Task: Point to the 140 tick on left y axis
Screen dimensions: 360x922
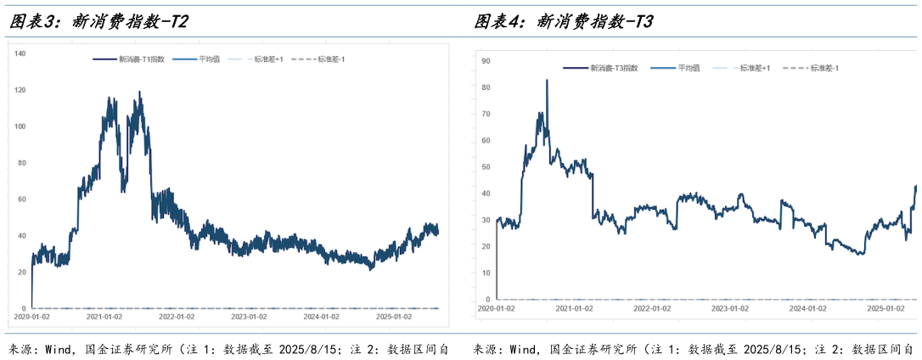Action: [21, 53]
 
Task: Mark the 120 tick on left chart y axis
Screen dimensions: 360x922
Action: [21, 90]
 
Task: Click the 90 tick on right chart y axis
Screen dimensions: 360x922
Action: [486, 61]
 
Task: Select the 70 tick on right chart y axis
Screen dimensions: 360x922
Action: [486, 114]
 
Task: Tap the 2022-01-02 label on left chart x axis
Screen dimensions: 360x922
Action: [177, 316]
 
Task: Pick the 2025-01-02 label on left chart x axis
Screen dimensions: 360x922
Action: [396, 316]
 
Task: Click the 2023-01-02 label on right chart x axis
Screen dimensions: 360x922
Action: [731, 309]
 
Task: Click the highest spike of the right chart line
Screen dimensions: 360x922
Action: [546, 81]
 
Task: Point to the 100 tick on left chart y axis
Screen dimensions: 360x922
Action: [21, 127]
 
